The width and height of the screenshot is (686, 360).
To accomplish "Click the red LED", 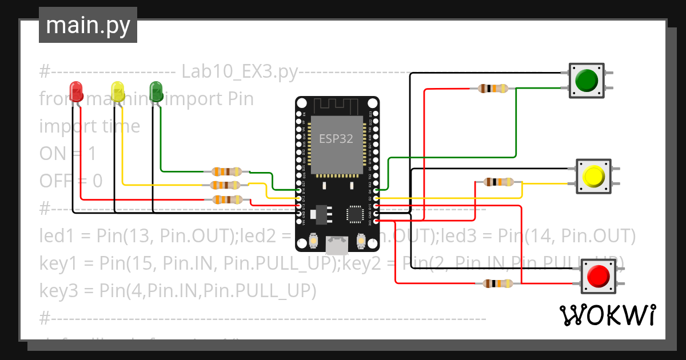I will [x=76, y=91].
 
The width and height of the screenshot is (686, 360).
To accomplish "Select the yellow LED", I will [x=118, y=91].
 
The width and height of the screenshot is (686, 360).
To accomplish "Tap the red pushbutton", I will [x=599, y=277].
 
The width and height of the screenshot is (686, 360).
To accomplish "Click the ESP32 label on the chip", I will [x=336, y=138].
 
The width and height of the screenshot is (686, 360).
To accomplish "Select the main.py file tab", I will [x=88, y=25].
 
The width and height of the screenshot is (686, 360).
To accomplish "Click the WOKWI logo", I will [x=607, y=315].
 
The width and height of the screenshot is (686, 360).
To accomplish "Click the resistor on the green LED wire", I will [x=227, y=171].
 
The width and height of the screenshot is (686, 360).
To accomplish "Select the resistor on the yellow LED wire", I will [x=225, y=185].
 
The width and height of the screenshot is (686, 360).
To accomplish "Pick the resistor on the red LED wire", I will [x=226, y=199].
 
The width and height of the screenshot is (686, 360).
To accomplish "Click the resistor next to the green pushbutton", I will [x=492, y=89].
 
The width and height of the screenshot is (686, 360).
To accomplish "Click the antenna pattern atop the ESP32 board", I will [x=336, y=106].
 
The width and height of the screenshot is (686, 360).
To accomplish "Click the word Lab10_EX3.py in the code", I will [x=239, y=72].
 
